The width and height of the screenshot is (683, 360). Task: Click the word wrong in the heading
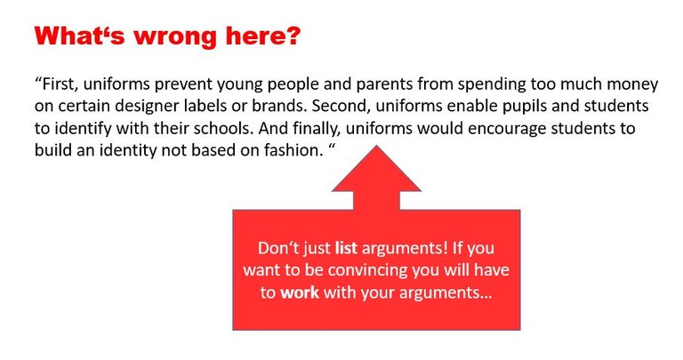(174, 36)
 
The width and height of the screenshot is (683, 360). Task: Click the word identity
(128, 150)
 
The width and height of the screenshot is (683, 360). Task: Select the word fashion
(293, 150)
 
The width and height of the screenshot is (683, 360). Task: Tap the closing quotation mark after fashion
(331, 147)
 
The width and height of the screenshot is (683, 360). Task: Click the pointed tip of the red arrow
(376, 146)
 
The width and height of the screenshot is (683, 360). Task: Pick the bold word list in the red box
(346, 248)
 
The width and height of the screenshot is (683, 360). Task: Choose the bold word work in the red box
(299, 292)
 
